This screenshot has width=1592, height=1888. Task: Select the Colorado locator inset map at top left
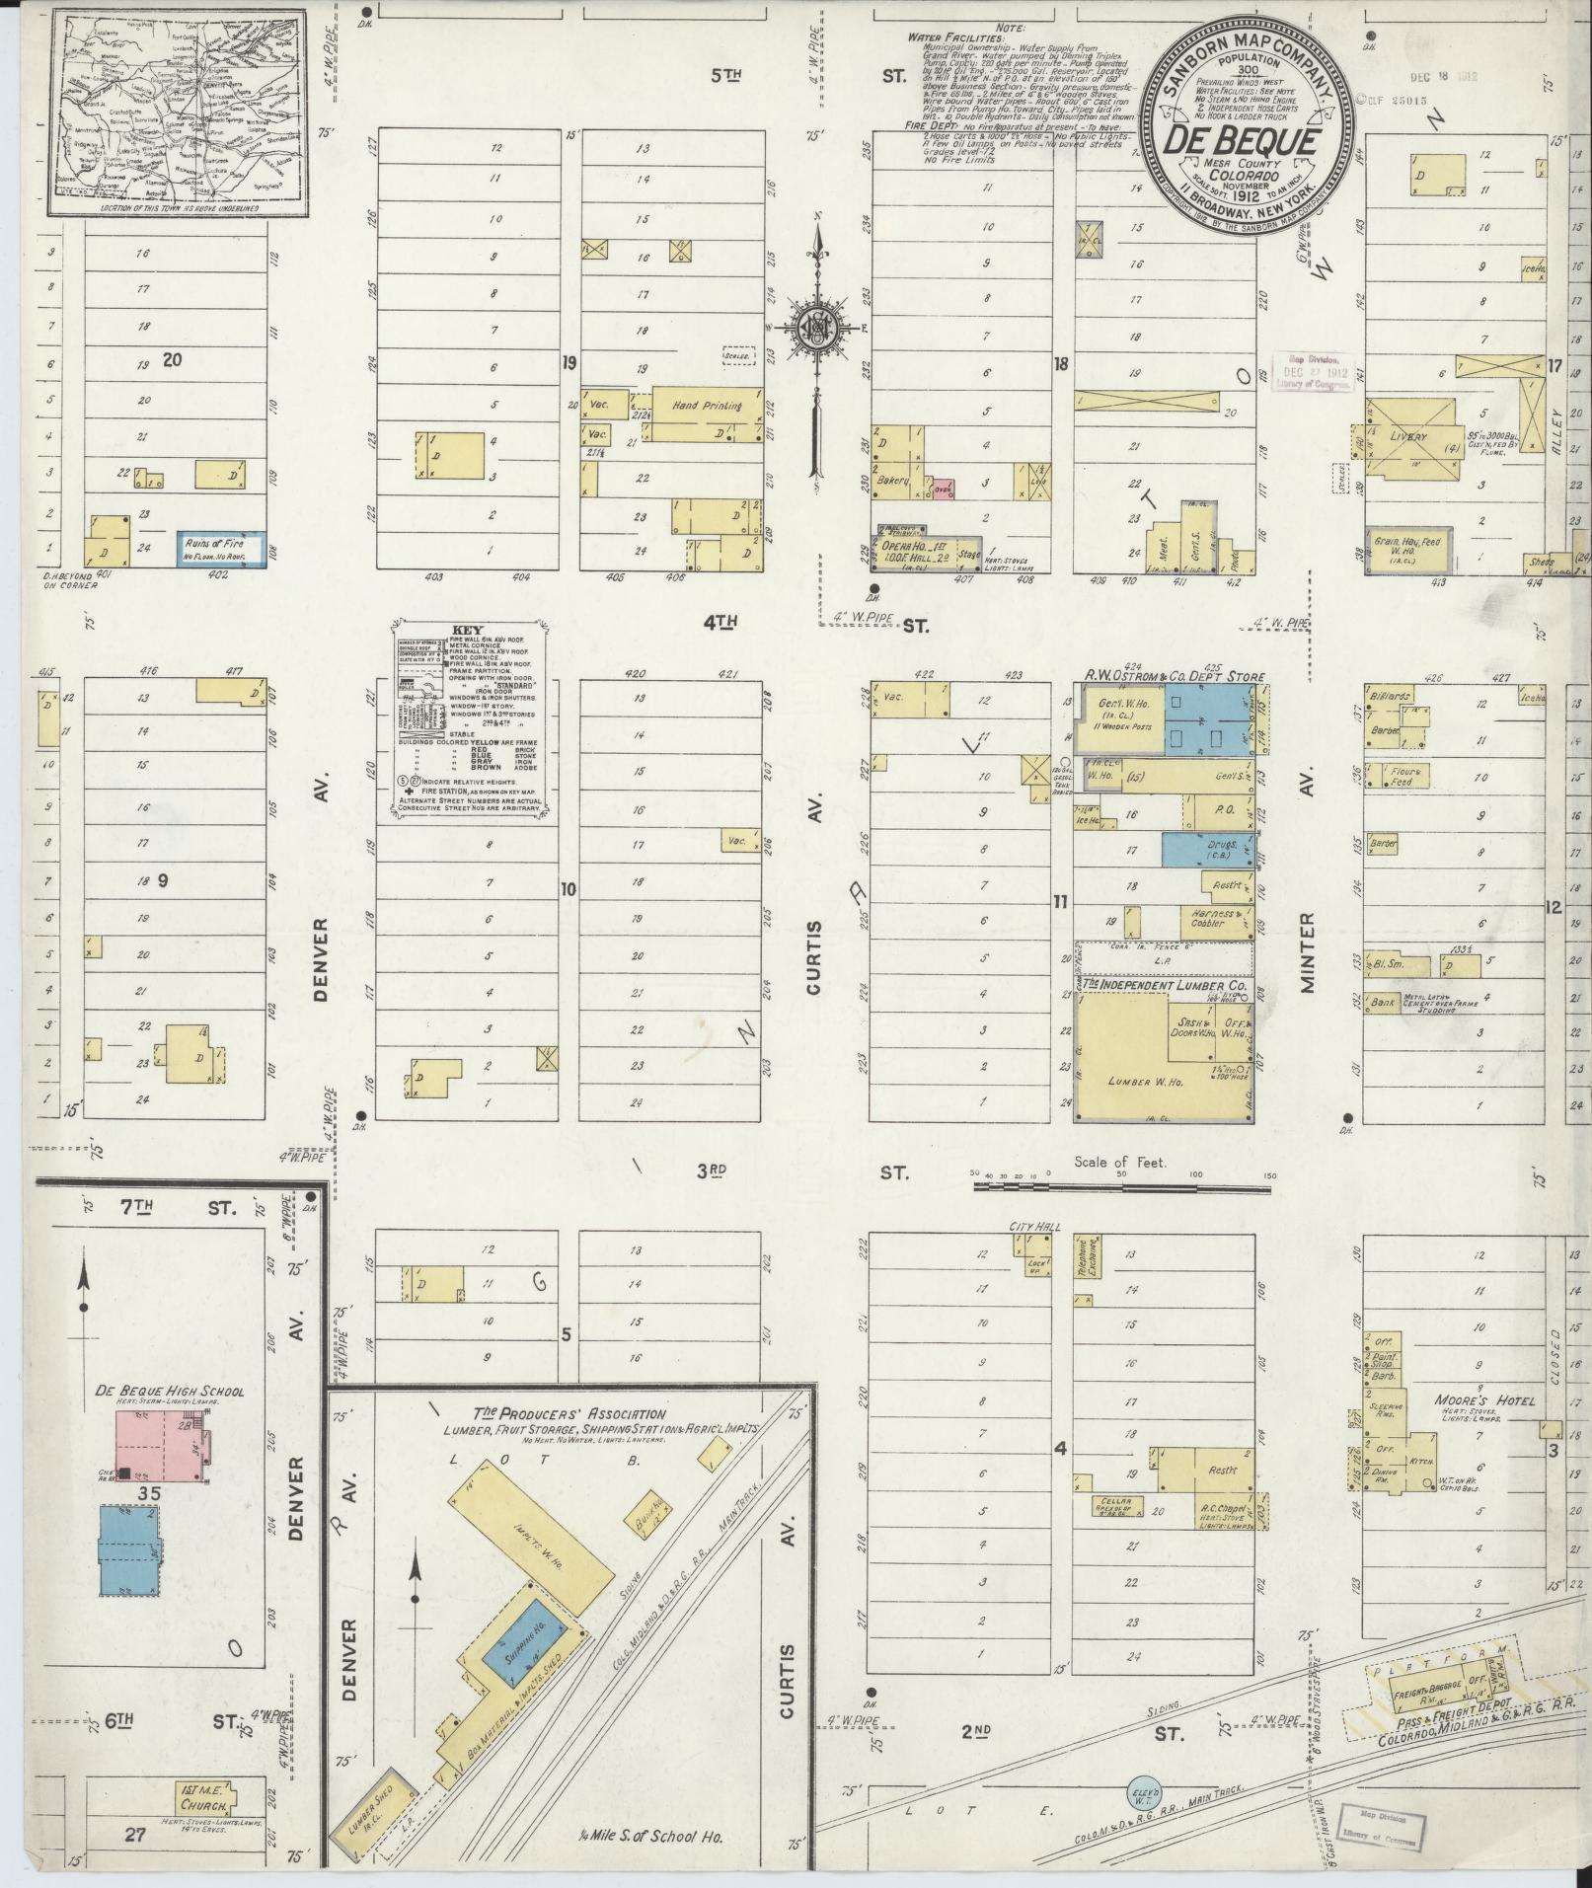(177, 111)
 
